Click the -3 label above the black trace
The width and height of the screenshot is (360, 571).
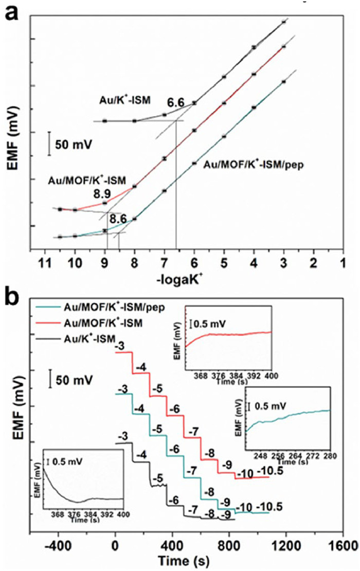point(122,437)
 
